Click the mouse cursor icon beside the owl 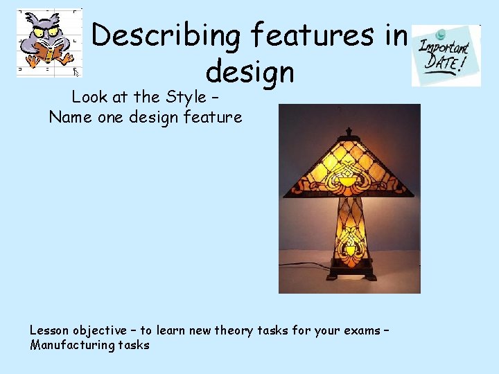[76, 71]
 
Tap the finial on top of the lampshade [349, 132]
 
